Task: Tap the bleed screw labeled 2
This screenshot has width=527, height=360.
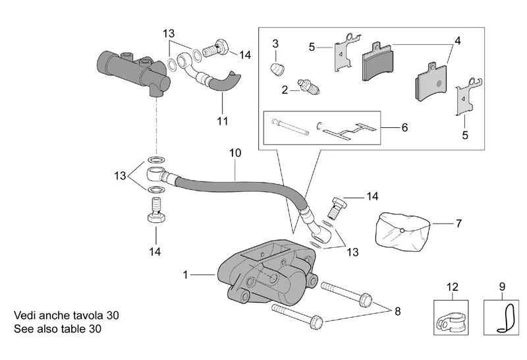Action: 309,86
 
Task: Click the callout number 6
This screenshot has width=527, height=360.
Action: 404,127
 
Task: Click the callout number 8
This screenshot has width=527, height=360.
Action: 398,311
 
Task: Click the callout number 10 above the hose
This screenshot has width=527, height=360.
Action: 235,153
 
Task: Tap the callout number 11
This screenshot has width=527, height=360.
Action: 223,121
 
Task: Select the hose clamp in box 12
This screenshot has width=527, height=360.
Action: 451,322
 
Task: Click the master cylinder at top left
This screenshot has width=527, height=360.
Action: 134,73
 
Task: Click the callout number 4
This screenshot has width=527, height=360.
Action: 457,41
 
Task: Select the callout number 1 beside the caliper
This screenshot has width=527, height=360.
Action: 185,275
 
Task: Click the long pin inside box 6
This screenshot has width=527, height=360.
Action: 290,127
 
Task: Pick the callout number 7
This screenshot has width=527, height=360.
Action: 458,224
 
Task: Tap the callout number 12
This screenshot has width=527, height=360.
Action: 453,287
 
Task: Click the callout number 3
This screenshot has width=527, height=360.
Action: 275,44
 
